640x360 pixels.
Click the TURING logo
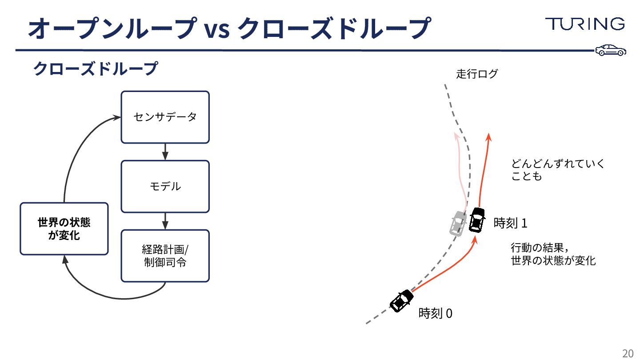click(585, 24)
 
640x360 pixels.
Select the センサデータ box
click(165, 117)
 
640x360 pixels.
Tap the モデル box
click(165, 186)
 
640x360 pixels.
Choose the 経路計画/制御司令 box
click(165, 256)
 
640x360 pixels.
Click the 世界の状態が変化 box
click(64, 228)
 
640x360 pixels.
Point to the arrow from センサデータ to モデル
click(165, 152)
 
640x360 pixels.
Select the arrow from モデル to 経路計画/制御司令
click(165, 221)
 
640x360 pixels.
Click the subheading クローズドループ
click(96, 69)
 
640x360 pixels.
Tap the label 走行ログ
click(477, 74)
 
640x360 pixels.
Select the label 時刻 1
click(510, 223)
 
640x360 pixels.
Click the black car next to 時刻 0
click(402, 300)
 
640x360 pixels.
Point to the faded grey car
click(456, 224)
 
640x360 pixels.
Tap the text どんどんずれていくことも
click(558, 170)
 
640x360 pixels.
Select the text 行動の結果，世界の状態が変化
click(553, 254)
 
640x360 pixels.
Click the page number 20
click(628, 353)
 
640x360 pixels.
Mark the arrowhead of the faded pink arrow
click(456, 136)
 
